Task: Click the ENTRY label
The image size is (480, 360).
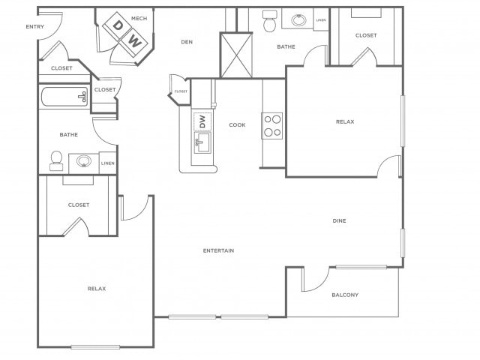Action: tap(35, 27)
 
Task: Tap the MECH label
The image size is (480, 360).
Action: tap(139, 18)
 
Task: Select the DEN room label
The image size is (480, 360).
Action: tap(187, 42)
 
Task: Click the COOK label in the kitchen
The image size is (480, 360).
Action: tap(237, 125)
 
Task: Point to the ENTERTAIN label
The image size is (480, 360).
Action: tap(218, 250)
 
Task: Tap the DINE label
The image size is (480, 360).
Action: tap(340, 220)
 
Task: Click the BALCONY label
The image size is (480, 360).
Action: tap(345, 295)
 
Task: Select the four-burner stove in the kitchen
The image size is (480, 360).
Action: tap(271, 126)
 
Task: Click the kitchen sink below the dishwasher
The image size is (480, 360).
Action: tap(202, 142)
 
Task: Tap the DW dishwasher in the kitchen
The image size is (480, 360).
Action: tap(202, 121)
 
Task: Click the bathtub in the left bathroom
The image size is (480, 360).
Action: tap(64, 97)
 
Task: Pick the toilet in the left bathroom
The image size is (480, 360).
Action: tap(56, 160)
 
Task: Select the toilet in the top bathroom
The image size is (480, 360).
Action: tap(270, 21)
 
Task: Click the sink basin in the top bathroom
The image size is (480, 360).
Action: tap(298, 20)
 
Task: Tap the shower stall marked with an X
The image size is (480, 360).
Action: tap(236, 55)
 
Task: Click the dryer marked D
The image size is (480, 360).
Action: tap(116, 25)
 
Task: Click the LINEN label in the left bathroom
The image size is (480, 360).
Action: tap(108, 163)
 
